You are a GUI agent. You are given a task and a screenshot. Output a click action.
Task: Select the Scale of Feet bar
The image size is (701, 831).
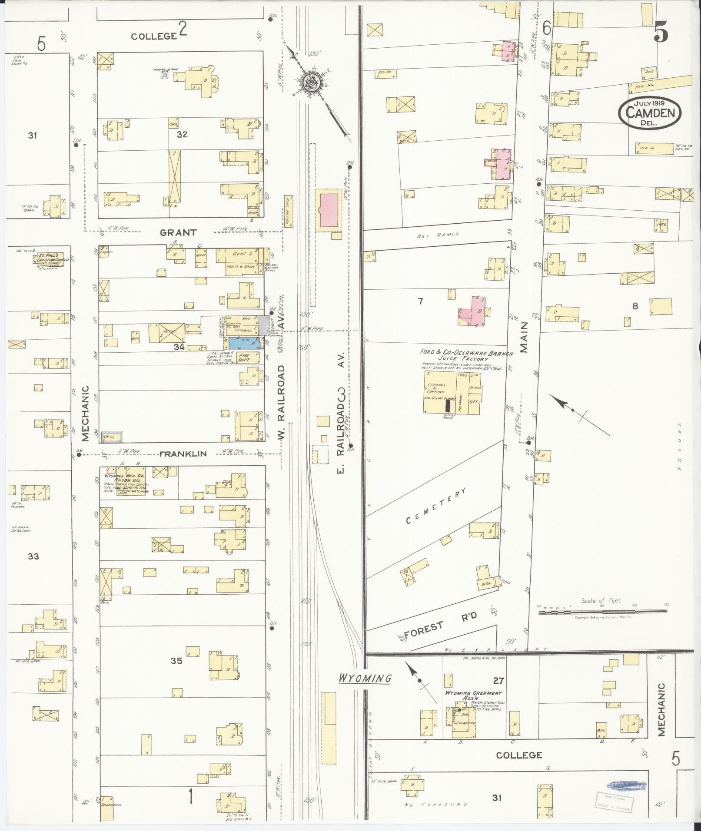(x=602, y=611)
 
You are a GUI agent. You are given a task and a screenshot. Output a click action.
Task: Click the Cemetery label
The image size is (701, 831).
(x=436, y=506)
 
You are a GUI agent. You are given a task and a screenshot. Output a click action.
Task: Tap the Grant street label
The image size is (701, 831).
(x=178, y=232)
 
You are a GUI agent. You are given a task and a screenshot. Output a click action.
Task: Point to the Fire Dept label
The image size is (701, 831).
(x=244, y=357)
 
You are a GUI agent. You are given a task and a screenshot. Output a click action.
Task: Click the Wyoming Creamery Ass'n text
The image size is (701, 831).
(x=472, y=695)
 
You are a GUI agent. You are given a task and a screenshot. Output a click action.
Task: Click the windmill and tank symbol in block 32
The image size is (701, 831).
(x=165, y=75)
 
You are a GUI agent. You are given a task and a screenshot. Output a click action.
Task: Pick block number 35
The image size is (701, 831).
(x=176, y=673)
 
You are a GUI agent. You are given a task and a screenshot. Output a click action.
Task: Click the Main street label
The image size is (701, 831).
(x=524, y=337)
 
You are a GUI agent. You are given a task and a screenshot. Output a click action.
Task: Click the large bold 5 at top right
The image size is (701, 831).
(x=661, y=31)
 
